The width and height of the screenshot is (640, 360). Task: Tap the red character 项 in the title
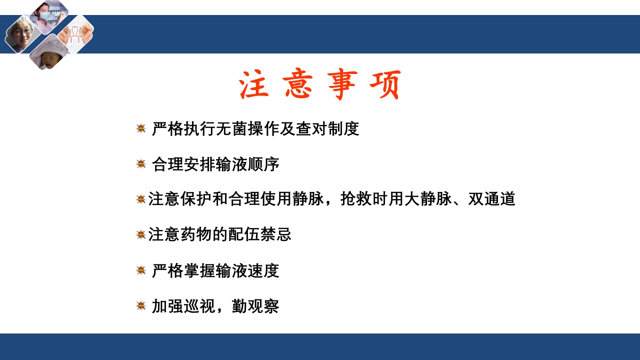385,85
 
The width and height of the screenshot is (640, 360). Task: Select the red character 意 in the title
297,85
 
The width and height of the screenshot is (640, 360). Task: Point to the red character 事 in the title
342,85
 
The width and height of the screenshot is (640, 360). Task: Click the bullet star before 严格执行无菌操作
141,128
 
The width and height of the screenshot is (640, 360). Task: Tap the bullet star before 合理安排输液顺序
141,163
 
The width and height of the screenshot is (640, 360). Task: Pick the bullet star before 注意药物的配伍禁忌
141,234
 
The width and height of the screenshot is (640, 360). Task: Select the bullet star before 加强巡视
141,305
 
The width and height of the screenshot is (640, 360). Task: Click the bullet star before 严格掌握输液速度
141,270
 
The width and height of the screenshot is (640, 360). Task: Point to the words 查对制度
327,129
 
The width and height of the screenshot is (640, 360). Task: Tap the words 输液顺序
248,164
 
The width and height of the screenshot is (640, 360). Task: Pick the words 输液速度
248,271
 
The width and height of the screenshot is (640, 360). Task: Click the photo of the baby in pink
48,52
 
